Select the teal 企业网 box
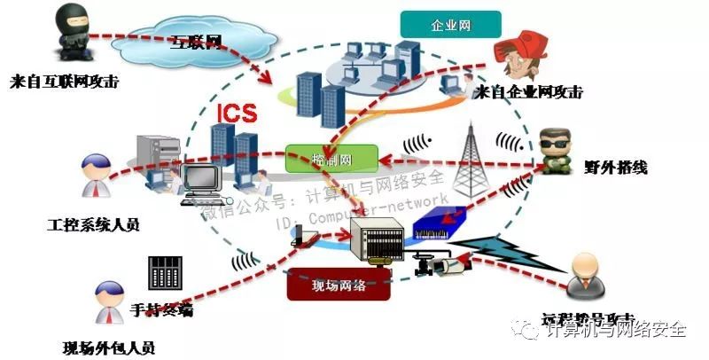pyautogui.click(x=451, y=25)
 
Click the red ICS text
pyautogui.click(x=238, y=114)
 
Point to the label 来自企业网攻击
pyautogui.click(x=532, y=91)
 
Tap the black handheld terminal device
pyautogui.click(x=167, y=273)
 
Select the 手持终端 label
pyautogui.click(x=162, y=310)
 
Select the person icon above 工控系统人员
pyautogui.click(x=96, y=174)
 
